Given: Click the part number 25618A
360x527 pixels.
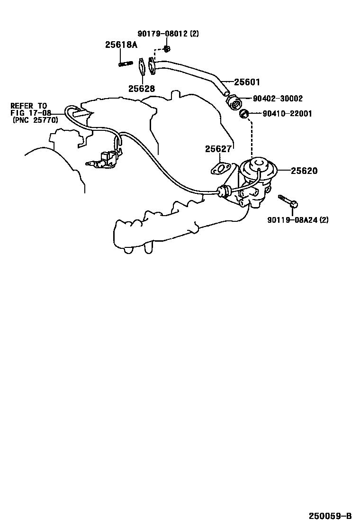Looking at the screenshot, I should click(x=121, y=45).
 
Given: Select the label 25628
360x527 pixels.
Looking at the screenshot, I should click(x=141, y=88).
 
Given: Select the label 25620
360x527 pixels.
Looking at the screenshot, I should click(x=304, y=171).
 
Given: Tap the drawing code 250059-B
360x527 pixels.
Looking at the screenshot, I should click(x=331, y=516).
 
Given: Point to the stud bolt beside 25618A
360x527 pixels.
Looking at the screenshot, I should click(x=125, y=64).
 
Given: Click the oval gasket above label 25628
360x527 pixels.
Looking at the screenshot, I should click(x=141, y=66).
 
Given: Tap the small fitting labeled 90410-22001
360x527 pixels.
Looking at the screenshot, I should click(x=244, y=114).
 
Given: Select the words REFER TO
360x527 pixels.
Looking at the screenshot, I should click(x=29, y=105).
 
